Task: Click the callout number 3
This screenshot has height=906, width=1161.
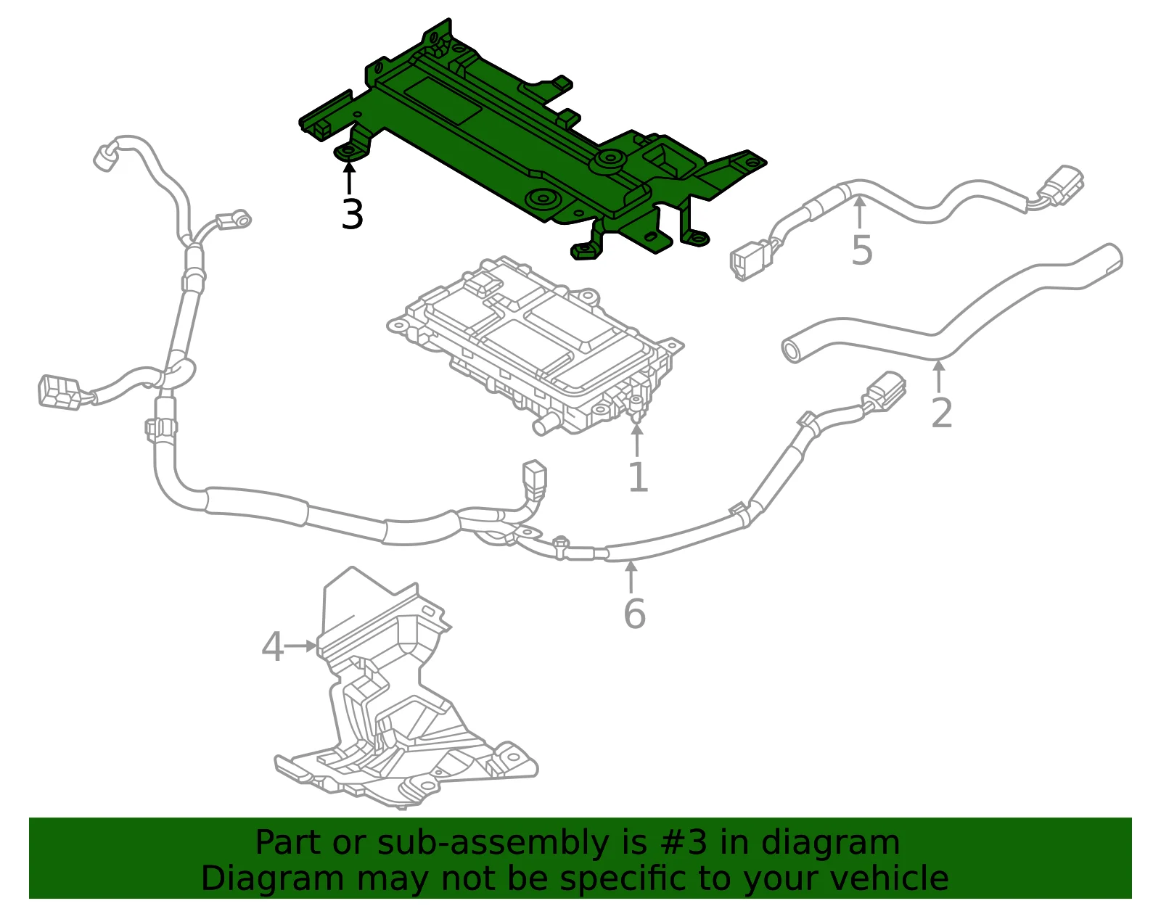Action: pos(352,215)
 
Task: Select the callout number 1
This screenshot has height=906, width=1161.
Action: pos(638,477)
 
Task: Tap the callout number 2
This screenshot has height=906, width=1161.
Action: pos(941,413)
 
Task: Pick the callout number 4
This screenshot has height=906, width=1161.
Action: pos(273,646)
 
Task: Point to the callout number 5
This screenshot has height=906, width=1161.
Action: pos(862,250)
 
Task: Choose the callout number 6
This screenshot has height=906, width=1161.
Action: pos(635,614)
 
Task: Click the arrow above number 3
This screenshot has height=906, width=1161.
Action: pos(349,179)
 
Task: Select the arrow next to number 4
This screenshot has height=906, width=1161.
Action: pos(301,646)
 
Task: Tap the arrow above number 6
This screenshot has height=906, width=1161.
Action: pos(631,577)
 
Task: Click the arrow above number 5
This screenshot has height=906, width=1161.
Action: pos(859,213)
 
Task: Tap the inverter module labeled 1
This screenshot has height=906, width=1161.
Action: pos(534,346)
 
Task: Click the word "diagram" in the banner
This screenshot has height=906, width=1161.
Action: pos(831,843)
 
